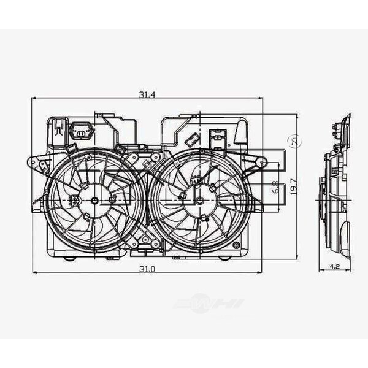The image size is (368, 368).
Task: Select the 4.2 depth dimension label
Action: point(334,266)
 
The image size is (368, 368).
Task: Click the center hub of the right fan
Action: point(194,200)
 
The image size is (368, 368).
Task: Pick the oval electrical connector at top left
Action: point(80,130)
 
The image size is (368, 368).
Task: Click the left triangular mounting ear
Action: point(38,163)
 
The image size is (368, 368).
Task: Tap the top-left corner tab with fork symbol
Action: point(57,128)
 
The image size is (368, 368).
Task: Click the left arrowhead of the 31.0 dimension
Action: point(34,272)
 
